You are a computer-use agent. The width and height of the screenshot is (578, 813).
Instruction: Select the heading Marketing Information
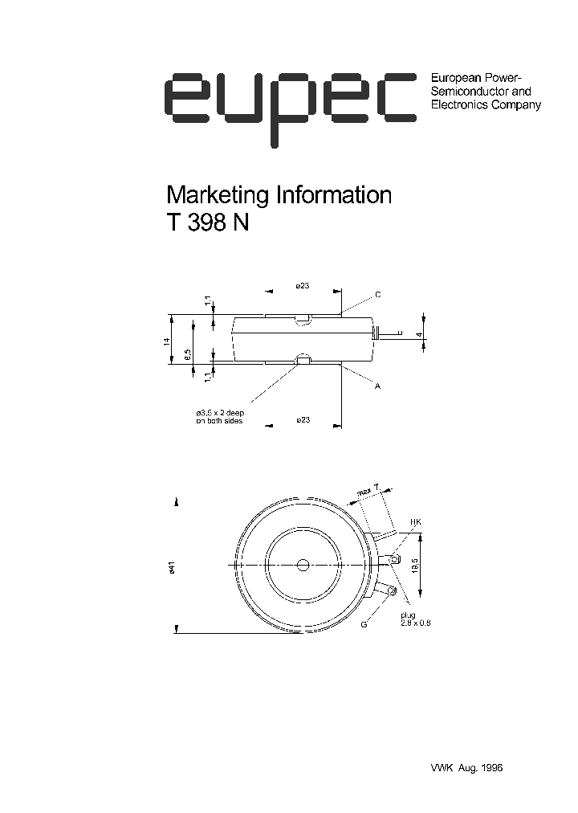tap(278, 195)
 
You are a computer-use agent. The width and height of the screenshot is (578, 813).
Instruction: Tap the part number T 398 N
tap(207, 224)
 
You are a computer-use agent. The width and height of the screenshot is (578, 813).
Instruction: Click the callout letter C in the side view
tap(377, 296)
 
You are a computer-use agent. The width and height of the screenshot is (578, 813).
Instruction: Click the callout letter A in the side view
tap(377, 386)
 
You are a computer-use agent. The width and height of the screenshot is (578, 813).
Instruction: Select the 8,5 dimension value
tap(187, 353)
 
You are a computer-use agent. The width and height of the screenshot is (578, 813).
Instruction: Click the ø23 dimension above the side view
tap(303, 286)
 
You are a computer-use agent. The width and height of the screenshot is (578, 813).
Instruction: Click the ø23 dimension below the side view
tap(303, 420)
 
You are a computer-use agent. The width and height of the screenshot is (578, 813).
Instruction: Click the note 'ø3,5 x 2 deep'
tap(219, 413)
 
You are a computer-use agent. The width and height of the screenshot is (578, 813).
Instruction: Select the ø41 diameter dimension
tap(172, 568)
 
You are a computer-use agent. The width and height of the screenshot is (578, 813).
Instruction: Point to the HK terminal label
tap(415, 523)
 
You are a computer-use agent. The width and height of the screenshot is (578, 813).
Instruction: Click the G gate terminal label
tap(364, 623)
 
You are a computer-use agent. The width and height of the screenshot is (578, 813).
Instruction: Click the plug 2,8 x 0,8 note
tap(414, 619)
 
